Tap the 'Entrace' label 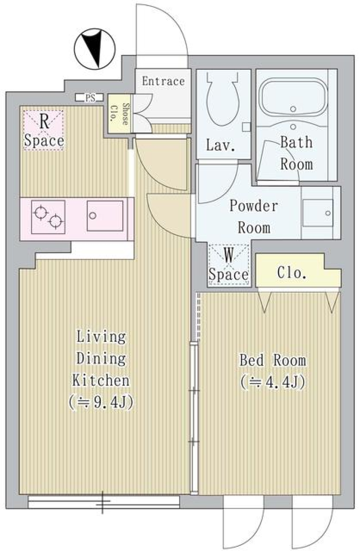pyautogui.click(x=163, y=81)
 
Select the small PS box pyautogui.click(x=90, y=98)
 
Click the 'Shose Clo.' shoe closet pyautogui.click(x=119, y=114)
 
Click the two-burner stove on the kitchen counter pyautogui.click(x=48, y=217)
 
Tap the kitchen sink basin pyautogui.click(x=105, y=216)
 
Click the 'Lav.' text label pyautogui.click(x=220, y=145)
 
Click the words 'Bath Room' pyautogui.click(x=296, y=153)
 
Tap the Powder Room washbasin pyautogui.click(x=318, y=213)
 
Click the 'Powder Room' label pyautogui.click(x=254, y=216)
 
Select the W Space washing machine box pyautogui.click(x=228, y=265)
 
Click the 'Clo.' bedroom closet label pyautogui.click(x=292, y=273)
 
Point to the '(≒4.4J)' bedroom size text pyautogui.click(x=273, y=382)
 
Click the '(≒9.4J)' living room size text pyautogui.click(x=101, y=403)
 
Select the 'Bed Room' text pyautogui.click(x=273, y=360)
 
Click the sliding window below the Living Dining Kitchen pyautogui.click(x=103, y=502)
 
